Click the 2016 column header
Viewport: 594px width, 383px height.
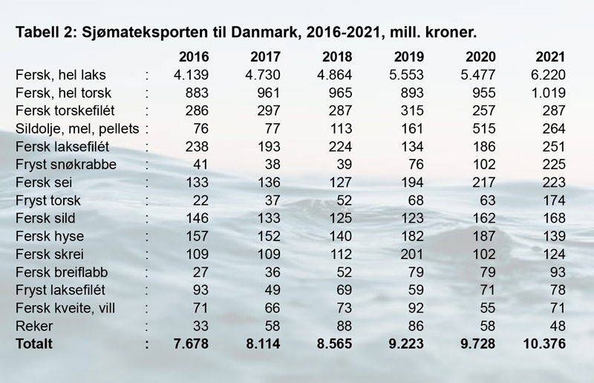tap(195, 57)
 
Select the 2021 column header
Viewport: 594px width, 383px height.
tap(550, 57)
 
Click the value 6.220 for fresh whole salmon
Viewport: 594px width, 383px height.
tap(550, 75)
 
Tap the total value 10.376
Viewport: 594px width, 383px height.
tap(545, 343)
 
